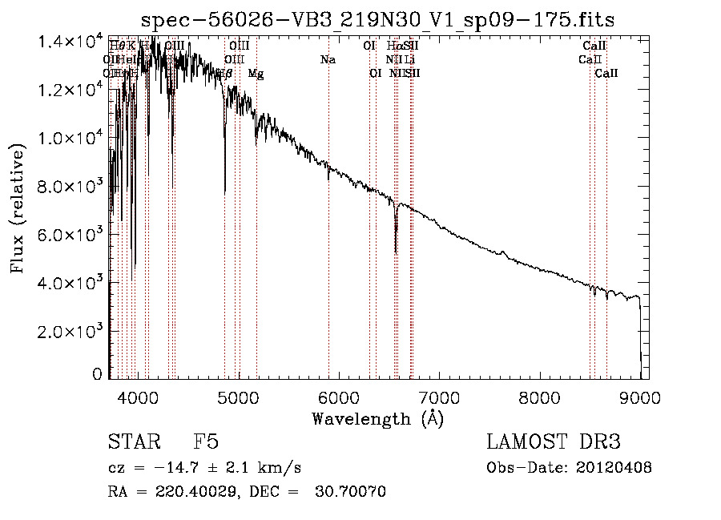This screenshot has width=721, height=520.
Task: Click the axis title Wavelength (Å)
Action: click(377, 418)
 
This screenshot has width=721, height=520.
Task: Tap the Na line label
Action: click(327, 60)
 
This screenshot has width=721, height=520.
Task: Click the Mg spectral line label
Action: click(256, 74)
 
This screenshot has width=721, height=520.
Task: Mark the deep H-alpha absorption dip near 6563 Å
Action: click(396, 244)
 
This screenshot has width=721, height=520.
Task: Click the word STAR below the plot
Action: click(131, 442)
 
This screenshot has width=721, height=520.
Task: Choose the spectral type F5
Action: click(206, 442)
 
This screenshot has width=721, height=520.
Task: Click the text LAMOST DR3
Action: click(554, 442)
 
